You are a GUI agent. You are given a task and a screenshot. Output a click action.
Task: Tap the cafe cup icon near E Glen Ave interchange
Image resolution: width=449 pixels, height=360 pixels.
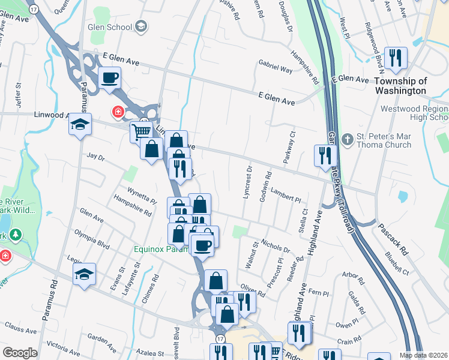110,78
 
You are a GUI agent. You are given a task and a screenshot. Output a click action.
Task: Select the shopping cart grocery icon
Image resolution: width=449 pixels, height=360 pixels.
141,131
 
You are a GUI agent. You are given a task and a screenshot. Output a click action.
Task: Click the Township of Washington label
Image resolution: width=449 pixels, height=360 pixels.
400,86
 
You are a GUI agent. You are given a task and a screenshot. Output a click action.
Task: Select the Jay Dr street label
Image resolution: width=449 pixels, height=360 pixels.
96,158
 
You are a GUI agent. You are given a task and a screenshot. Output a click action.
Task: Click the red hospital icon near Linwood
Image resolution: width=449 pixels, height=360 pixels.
118,112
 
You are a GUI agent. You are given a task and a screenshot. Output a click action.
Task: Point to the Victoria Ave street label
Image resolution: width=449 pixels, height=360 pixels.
63,346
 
